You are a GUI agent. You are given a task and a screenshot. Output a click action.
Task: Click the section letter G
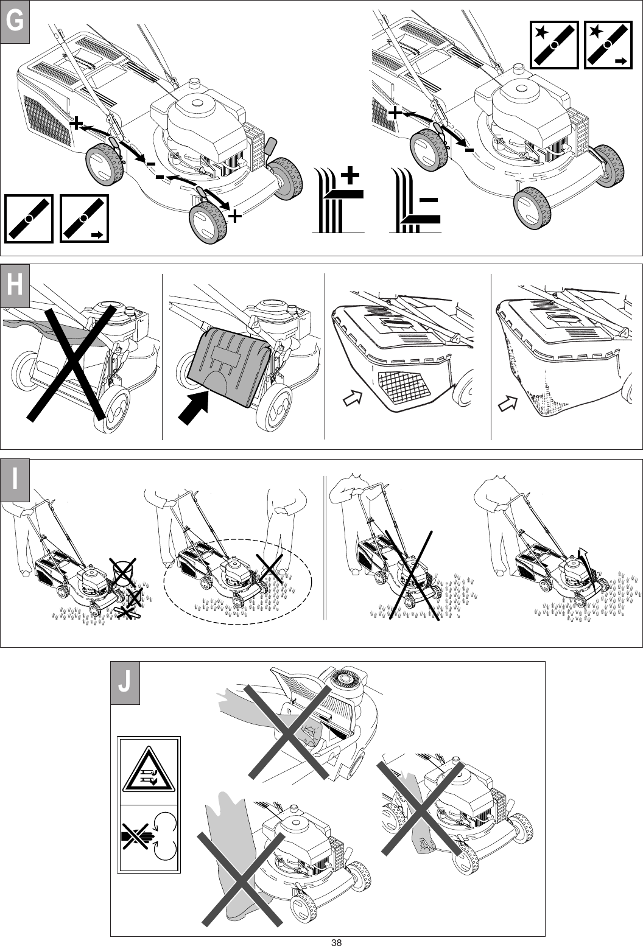point(15,23)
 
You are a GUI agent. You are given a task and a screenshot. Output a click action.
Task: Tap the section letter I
point(15,480)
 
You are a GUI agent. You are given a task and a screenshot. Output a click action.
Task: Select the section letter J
point(124,682)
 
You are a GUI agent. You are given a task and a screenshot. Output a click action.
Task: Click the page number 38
point(336,942)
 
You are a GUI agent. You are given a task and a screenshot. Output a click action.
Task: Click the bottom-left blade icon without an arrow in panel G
point(29,219)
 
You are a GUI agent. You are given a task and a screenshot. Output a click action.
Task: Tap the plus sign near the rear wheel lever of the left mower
point(77,124)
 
